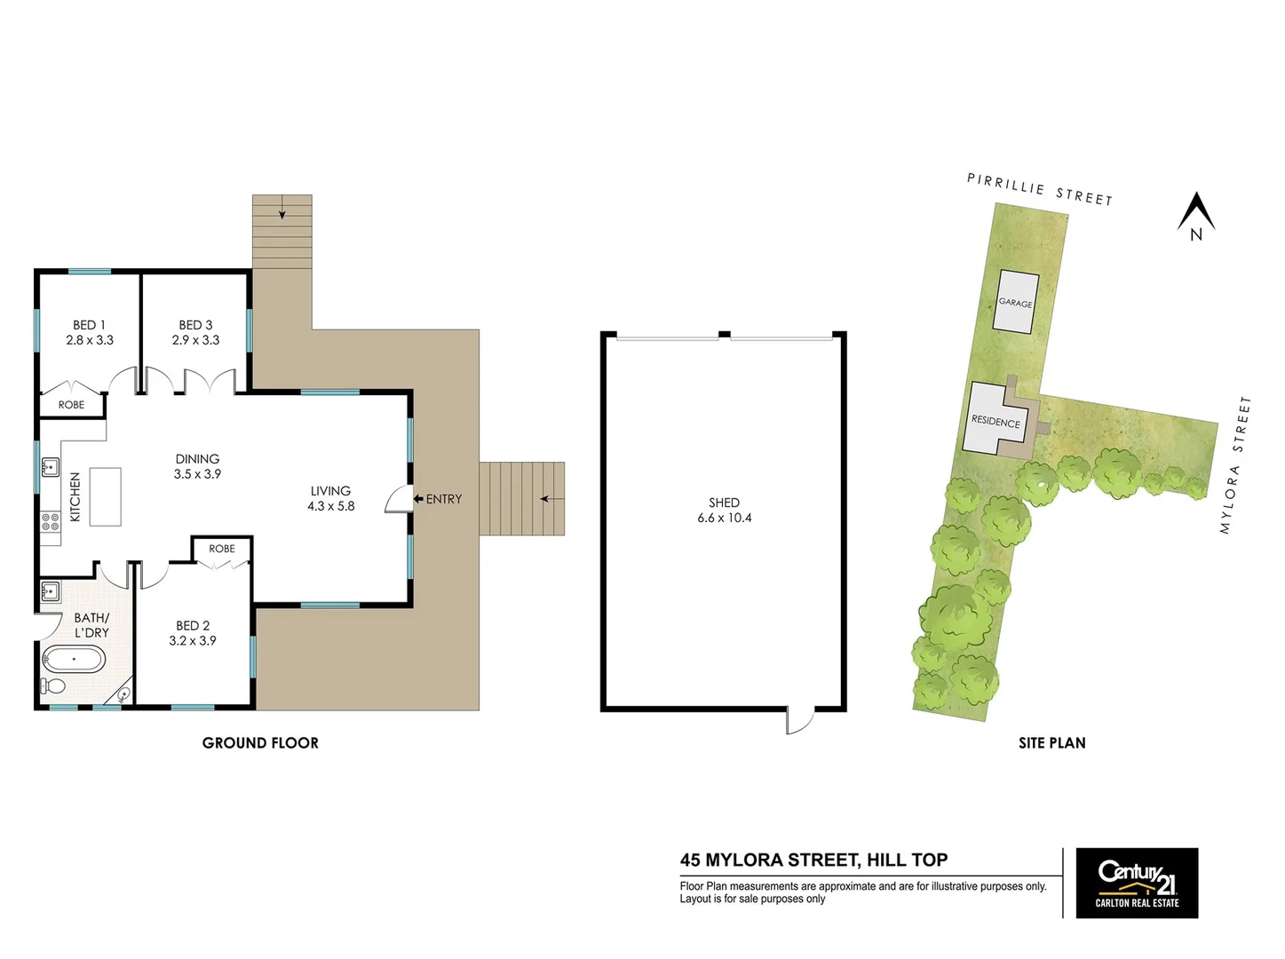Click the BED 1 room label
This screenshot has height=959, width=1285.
click(x=89, y=325)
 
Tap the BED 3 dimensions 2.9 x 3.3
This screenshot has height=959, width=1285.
click(x=195, y=340)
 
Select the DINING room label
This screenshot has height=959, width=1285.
click(x=197, y=459)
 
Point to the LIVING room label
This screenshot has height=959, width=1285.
click(x=330, y=490)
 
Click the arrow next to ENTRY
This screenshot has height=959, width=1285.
click(x=418, y=499)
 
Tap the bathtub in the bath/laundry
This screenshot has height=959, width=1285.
click(x=74, y=659)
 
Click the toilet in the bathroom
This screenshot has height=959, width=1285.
click(x=53, y=686)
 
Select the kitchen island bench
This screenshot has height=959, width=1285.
click(x=105, y=496)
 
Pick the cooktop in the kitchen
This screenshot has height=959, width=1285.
click(x=51, y=521)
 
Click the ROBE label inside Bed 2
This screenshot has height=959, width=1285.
click(x=222, y=549)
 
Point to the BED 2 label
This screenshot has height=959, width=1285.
click(x=193, y=626)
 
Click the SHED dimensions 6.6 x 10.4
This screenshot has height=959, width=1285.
click(x=724, y=518)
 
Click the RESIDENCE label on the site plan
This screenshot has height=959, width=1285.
click(x=995, y=422)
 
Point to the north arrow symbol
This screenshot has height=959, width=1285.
click(x=1196, y=216)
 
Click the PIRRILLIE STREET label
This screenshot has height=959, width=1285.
click(x=1039, y=189)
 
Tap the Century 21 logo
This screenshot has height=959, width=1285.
click(x=1137, y=883)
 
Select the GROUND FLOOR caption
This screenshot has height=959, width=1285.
click(x=260, y=743)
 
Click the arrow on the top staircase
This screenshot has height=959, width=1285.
click(x=282, y=211)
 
